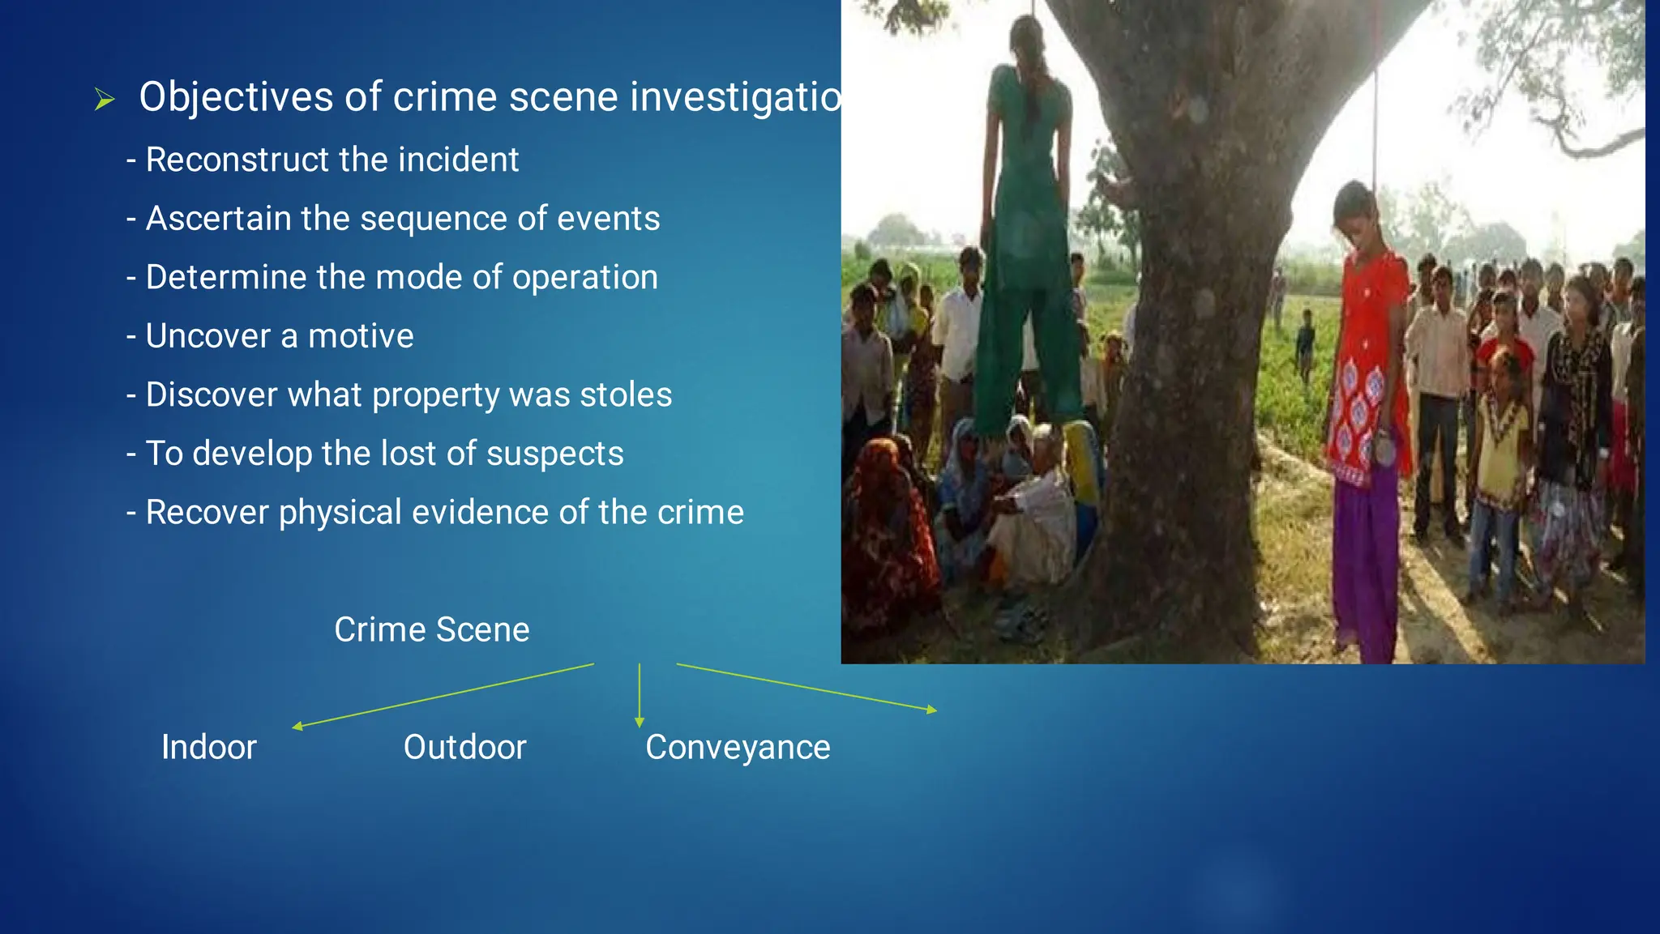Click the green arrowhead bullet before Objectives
105,100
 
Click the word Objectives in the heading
236,98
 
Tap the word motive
361,336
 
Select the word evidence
481,512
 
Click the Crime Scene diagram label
431,629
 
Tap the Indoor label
208,747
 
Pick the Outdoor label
464,747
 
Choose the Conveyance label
738,748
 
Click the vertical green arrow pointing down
640,695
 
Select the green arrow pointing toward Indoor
443,696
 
